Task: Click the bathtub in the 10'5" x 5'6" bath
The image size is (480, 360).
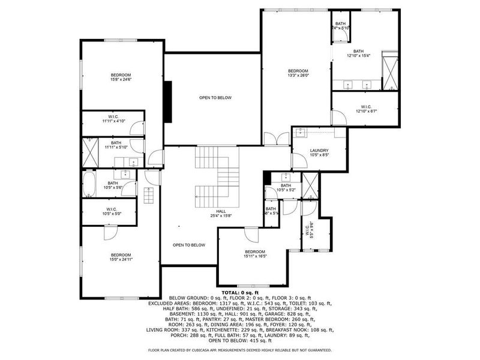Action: click(x=89, y=184)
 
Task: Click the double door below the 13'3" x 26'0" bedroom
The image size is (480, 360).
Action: click(x=272, y=139)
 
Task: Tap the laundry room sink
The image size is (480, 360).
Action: click(x=302, y=132)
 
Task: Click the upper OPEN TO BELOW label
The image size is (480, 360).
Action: click(x=215, y=98)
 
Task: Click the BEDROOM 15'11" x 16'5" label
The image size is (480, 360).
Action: click(x=254, y=253)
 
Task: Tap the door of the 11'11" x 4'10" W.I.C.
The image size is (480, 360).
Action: click(x=137, y=127)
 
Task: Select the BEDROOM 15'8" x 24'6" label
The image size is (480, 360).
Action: click(x=121, y=77)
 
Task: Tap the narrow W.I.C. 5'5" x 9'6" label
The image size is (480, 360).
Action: click(x=309, y=230)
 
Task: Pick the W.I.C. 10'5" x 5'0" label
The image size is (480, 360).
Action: click(x=112, y=211)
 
